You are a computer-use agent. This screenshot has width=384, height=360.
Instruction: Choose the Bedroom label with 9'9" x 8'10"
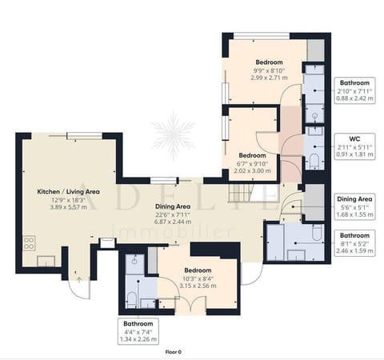point(270,62)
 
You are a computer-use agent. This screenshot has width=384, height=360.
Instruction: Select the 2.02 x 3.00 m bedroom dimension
point(253,170)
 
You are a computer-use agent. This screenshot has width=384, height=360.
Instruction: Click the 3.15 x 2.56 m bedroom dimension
point(197,286)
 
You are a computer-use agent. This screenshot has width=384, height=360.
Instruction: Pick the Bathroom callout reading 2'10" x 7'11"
point(354,90)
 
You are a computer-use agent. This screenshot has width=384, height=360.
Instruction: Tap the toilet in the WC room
point(314,162)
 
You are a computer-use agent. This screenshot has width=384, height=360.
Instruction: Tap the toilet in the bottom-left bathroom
point(130,299)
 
